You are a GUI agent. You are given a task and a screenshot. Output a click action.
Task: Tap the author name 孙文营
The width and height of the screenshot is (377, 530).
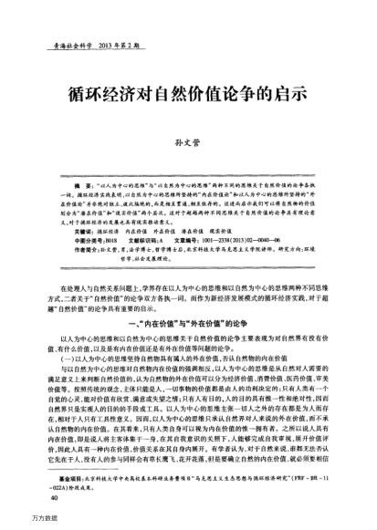[188, 142]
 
